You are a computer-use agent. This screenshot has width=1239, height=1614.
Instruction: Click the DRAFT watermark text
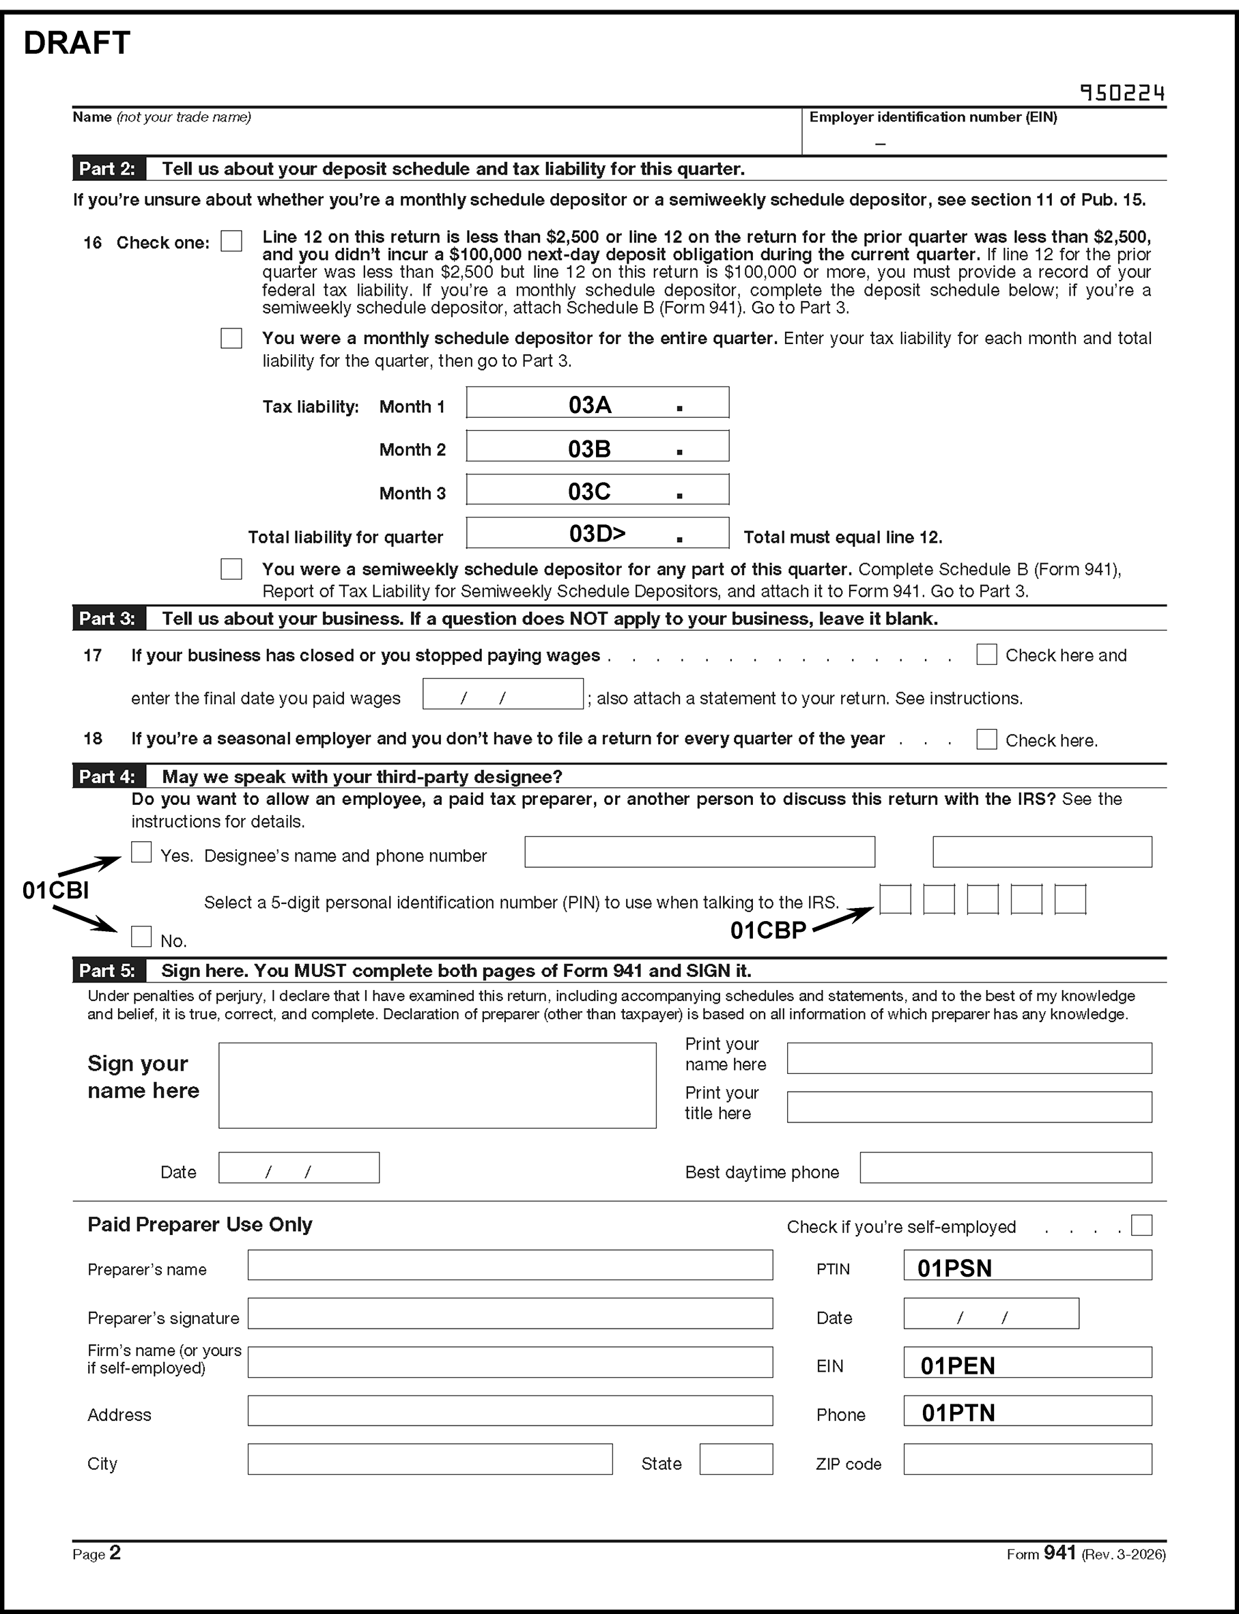76,44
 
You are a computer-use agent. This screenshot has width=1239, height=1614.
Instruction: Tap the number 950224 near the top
1122,93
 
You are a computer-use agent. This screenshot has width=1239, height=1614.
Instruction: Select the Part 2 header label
108,169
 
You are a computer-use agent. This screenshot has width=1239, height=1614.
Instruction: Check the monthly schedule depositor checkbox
231,339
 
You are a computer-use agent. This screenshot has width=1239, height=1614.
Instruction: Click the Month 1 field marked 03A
597,403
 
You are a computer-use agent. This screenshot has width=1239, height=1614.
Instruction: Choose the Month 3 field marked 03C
597,490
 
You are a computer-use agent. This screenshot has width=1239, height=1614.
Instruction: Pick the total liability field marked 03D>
597,533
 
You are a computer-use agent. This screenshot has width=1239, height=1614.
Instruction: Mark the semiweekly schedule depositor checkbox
231,569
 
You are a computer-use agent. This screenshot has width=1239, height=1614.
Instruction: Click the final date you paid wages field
502,695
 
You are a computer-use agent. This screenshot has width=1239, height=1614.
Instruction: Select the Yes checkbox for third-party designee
141,853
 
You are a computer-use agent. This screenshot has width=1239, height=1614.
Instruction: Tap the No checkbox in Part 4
141,937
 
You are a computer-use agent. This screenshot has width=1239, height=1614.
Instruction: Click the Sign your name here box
437,1085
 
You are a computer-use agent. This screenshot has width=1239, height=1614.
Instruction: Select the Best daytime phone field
1006,1167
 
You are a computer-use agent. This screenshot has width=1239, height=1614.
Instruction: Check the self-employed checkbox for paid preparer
1141,1226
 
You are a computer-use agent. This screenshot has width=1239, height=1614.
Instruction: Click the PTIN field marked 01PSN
1027,1266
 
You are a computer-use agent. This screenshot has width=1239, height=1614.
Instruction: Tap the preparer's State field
735,1459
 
